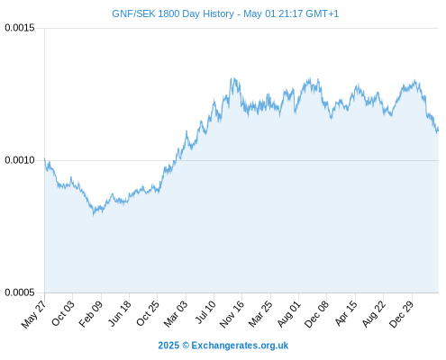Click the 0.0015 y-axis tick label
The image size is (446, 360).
tap(20, 28)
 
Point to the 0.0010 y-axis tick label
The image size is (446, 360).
tap(20, 160)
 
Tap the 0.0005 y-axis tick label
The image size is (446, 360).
tap(20, 292)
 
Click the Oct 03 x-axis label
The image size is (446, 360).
tap(63, 313)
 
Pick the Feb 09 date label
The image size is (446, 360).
tap(91, 313)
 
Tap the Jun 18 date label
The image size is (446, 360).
tap(120, 313)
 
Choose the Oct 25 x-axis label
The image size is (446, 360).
tap(148, 313)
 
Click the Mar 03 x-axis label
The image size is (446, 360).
tap(176, 313)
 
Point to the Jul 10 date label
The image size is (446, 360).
tap(205, 312)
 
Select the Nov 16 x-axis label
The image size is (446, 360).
tap(232, 314)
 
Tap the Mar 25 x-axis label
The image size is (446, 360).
tap(260, 313)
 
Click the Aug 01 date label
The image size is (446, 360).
tap(288, 313)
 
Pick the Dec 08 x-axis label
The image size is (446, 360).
tap(316, 314)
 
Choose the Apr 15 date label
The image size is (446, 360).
tap(346, 313)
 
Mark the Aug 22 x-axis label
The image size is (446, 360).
tap(373, 313)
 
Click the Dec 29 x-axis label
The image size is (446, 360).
tap(401, 314)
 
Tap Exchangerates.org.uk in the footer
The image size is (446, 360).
tap(240, 346)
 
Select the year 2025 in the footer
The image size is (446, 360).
tap(168, 346)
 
